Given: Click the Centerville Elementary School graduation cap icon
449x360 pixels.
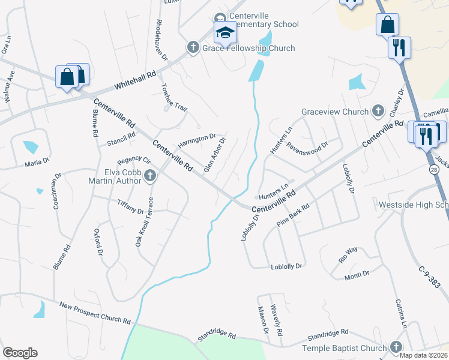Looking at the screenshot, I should [226, 32].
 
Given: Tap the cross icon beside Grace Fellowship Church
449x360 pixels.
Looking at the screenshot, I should [193, 48].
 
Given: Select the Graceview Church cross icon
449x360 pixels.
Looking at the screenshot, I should [378, 111].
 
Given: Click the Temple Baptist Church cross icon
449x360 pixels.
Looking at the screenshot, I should [396, 347].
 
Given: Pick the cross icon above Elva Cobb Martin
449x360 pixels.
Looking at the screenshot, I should [151, 176].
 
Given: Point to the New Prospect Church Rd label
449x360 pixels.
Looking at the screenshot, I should [95, 313].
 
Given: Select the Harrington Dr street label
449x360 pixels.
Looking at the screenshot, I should [196, 142].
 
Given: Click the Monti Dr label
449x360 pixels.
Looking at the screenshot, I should [357, 275].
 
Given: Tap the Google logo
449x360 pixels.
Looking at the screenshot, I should [20, 353].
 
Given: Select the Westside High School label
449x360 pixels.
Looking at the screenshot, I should [414, 205].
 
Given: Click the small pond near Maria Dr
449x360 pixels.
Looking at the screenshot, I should [30, 147].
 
